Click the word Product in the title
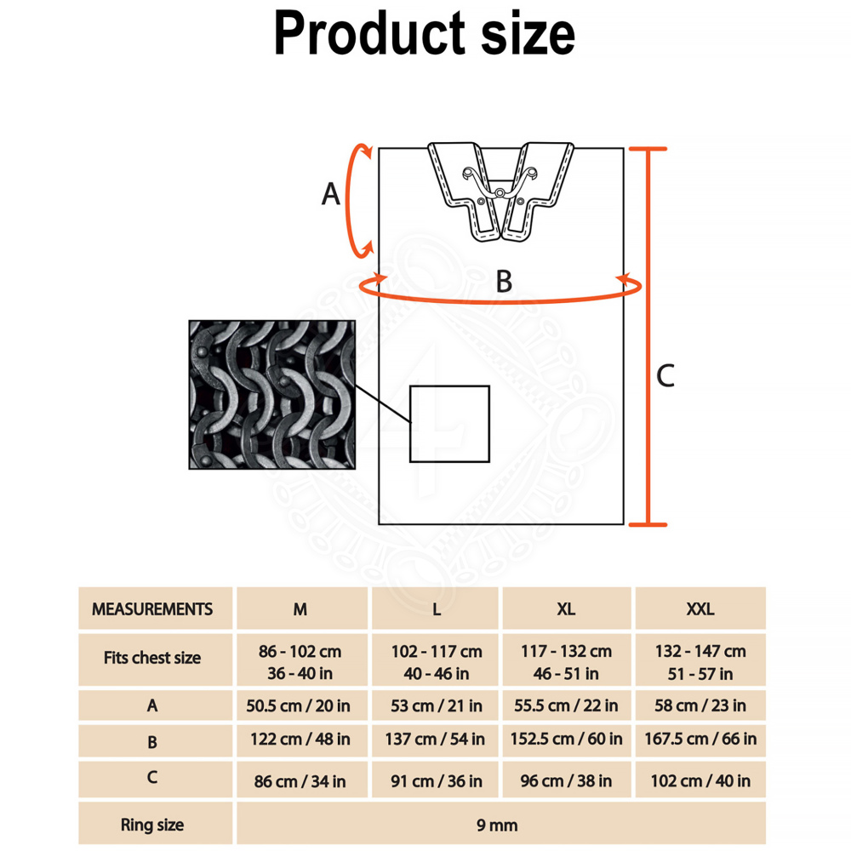(x=369, y=34)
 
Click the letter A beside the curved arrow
(x=331, y=194)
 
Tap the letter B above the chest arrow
(x=504, y=281)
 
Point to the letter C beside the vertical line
(x=665, y=375)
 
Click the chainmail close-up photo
(x=272, y=395)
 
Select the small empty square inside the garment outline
(x=449, y=424)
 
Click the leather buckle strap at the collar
(x=500, y=191)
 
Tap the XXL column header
(x=700, y=609)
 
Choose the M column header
(x=300, y=609)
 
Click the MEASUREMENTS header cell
(x=152, y=609)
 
